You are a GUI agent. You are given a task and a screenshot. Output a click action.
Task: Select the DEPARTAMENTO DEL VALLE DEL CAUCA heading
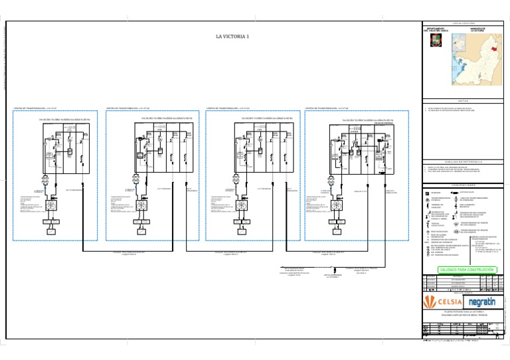pos(434,30)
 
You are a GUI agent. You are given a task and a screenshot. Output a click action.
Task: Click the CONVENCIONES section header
pos(462,185)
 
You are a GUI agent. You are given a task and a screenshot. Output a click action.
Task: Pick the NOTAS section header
pos(462,101)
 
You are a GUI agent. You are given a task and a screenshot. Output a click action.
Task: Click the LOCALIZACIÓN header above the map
pos(462,23)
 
